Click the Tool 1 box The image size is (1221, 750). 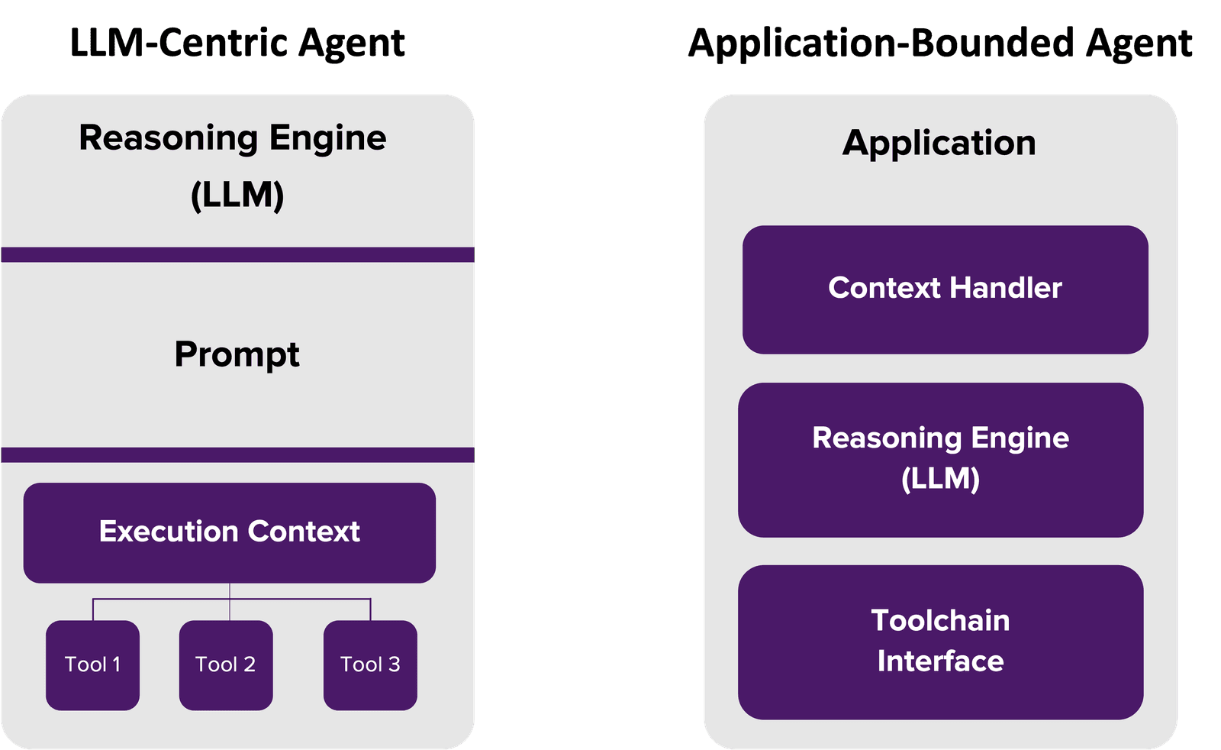[92, 664]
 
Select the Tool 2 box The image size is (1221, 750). [226, 664]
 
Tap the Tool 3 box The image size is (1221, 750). [370, 664]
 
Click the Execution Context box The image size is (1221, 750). [229, 532]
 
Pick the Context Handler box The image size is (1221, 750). [945, 289]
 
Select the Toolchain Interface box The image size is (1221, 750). [940, 642]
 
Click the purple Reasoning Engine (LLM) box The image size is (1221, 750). [940, 459]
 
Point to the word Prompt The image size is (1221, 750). [237, 354]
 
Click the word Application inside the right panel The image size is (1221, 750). [939, 143]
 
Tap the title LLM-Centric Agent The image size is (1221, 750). [237, 43]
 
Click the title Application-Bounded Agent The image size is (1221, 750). [940, 44]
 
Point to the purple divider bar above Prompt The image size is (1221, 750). [237, 254]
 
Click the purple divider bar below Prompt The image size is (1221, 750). [237, 454]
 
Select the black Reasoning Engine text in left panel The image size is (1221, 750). [233, 139]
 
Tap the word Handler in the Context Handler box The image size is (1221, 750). [1006, 288]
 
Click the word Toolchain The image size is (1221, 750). [940, 621]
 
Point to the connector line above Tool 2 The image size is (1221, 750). [230, 607]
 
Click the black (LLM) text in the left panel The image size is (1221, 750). [237, 195]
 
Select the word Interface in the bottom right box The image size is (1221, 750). [940, 661]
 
